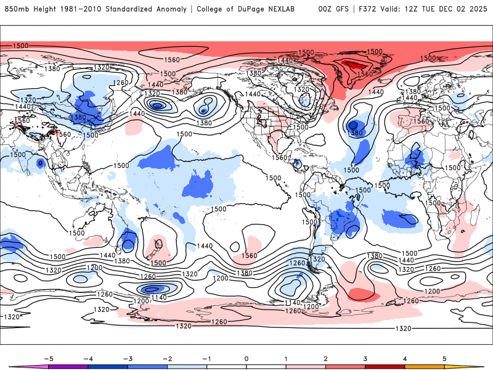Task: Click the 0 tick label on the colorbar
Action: pyautogui.click(x=246, y=358)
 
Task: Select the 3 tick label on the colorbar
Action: pyautogui.click(x=365, y=358)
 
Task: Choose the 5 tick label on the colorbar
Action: pyautogui.click(x=444, y=358)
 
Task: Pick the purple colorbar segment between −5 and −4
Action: pyautogui.click(x=68, y=366)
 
